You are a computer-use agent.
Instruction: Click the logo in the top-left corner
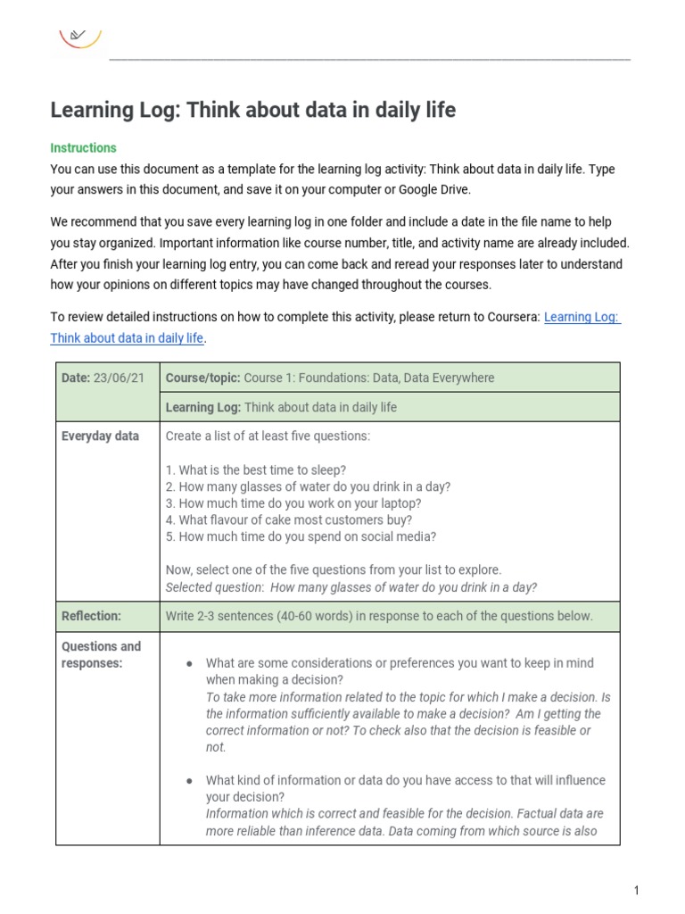(x=79, y=37)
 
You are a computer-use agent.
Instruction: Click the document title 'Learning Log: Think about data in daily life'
(x=252, y=110)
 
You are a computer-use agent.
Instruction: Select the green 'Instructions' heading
(x=83, y=147)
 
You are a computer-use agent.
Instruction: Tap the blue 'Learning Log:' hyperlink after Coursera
(x=582, y=317)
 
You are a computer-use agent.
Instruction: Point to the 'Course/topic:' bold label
(x=202, y=378)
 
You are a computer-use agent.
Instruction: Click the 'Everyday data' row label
(x=100, y=436)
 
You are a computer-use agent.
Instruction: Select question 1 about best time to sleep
(x=256, y=469)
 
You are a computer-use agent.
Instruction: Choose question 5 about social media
(x=301, y=536)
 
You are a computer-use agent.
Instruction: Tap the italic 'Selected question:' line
(x=351, y=586)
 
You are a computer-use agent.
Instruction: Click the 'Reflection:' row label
(x=91, y=616)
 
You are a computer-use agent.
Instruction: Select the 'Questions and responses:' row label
(x=101, y=654)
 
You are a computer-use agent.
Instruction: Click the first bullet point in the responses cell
(x=189, y=664)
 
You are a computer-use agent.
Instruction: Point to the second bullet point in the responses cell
(x=189, y=781)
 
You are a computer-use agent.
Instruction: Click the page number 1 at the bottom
(x=637, y=890)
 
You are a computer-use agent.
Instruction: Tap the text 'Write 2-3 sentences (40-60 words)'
(x=265, y=616)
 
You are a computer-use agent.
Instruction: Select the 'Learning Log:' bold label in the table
(x=203, y=407)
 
